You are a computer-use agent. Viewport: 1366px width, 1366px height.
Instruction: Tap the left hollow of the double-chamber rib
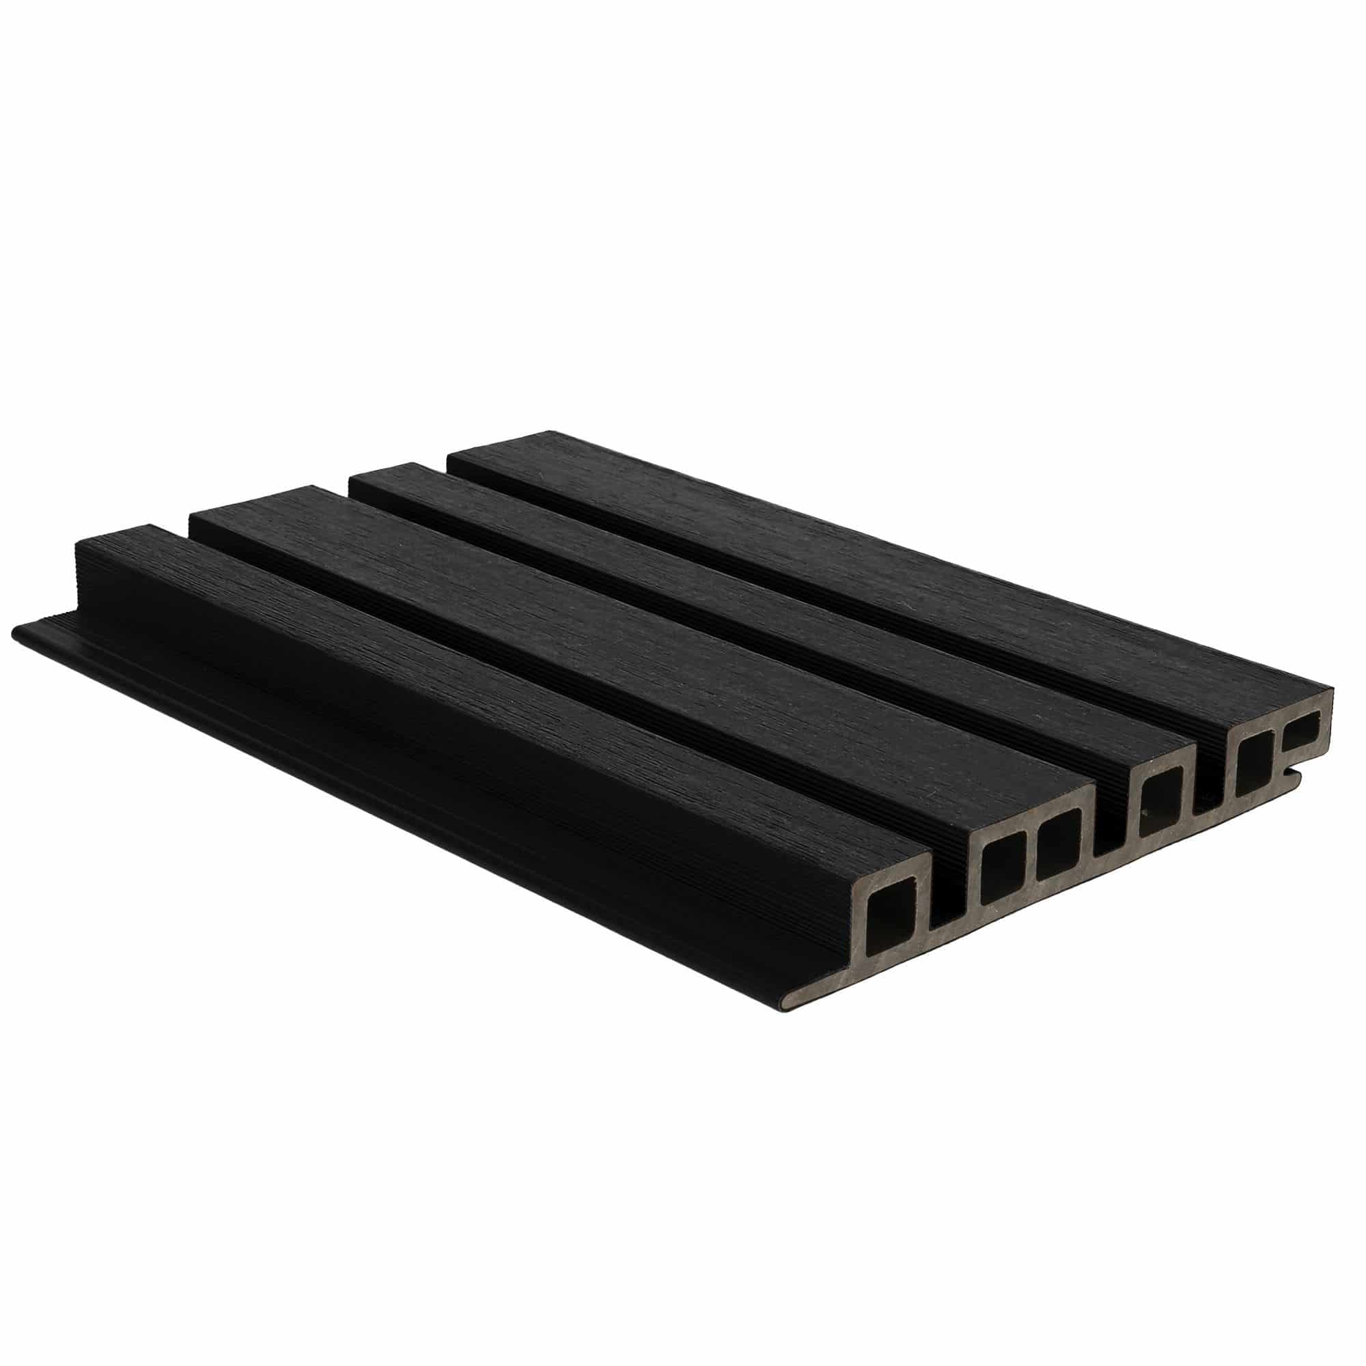tap(1001, 872)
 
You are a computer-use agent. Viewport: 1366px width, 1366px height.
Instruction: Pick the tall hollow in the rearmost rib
tap(1253, 759)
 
